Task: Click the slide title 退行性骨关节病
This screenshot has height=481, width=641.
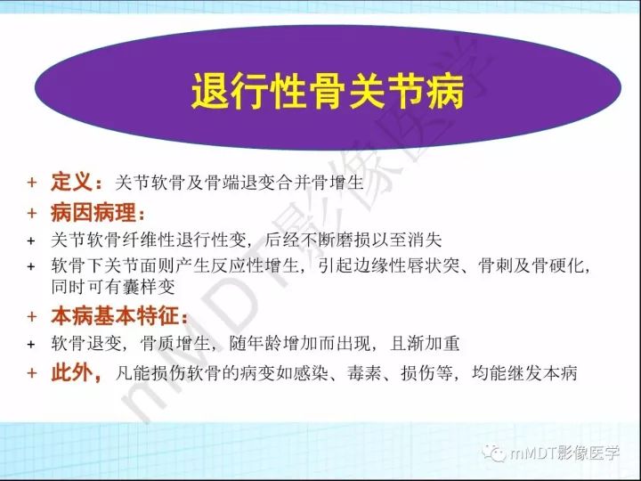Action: tap(329, 92)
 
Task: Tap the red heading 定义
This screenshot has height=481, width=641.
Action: tap(80, 183)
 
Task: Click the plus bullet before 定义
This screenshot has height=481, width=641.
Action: tap(31, 183)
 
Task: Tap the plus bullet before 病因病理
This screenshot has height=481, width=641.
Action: tap(31, 215)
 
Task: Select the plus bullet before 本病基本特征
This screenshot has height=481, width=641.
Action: tap(31, 316)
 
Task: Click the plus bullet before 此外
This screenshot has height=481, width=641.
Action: tap(31, 373)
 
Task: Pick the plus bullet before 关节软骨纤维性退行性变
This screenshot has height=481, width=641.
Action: tap(31, 240)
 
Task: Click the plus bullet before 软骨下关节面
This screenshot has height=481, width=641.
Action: tap(31, 266)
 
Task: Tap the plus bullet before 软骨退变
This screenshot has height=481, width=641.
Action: tap(31, 343)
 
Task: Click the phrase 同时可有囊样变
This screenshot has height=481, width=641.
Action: tap(113, 286)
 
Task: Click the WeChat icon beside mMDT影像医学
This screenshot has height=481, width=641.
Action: tap(496, 453)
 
